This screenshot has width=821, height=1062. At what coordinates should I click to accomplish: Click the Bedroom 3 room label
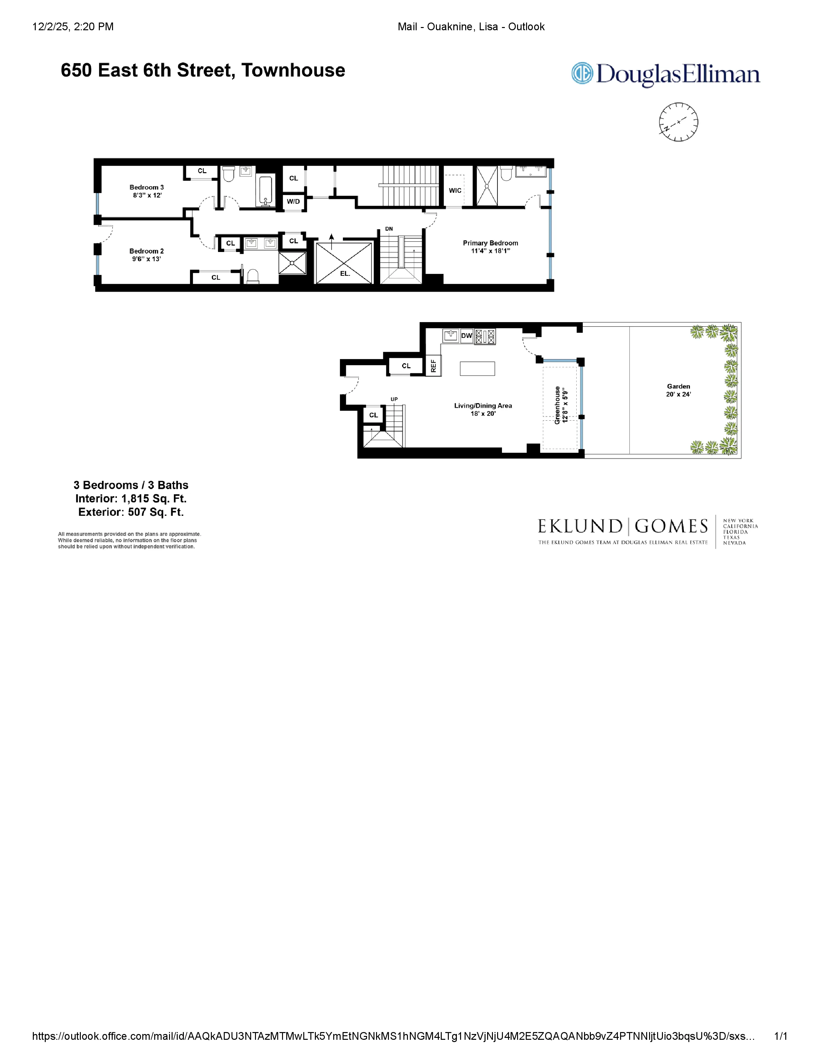146,187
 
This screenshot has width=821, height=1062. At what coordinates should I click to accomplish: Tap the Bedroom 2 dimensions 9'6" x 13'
146,259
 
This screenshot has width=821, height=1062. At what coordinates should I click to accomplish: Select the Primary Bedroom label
490,243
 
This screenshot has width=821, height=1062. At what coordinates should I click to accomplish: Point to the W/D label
293,201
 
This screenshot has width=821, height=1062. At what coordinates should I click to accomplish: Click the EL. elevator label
345,274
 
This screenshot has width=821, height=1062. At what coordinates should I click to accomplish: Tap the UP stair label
394,400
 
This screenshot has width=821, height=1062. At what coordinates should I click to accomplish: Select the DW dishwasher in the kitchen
467,336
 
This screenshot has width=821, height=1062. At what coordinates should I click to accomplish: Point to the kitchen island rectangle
477,368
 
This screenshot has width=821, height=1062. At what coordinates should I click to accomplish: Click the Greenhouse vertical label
557,405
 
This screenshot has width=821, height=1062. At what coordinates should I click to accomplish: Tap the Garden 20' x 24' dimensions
678,394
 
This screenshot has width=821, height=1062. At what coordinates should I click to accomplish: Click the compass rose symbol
678,122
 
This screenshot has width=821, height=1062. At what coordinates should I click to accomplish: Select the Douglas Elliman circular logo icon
582,73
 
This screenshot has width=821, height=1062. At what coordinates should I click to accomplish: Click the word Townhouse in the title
293,70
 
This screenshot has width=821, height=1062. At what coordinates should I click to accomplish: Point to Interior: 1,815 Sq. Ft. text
131,499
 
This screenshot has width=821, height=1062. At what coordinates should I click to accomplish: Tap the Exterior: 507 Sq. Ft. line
131,512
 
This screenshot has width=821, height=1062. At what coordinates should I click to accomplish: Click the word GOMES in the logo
671,526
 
